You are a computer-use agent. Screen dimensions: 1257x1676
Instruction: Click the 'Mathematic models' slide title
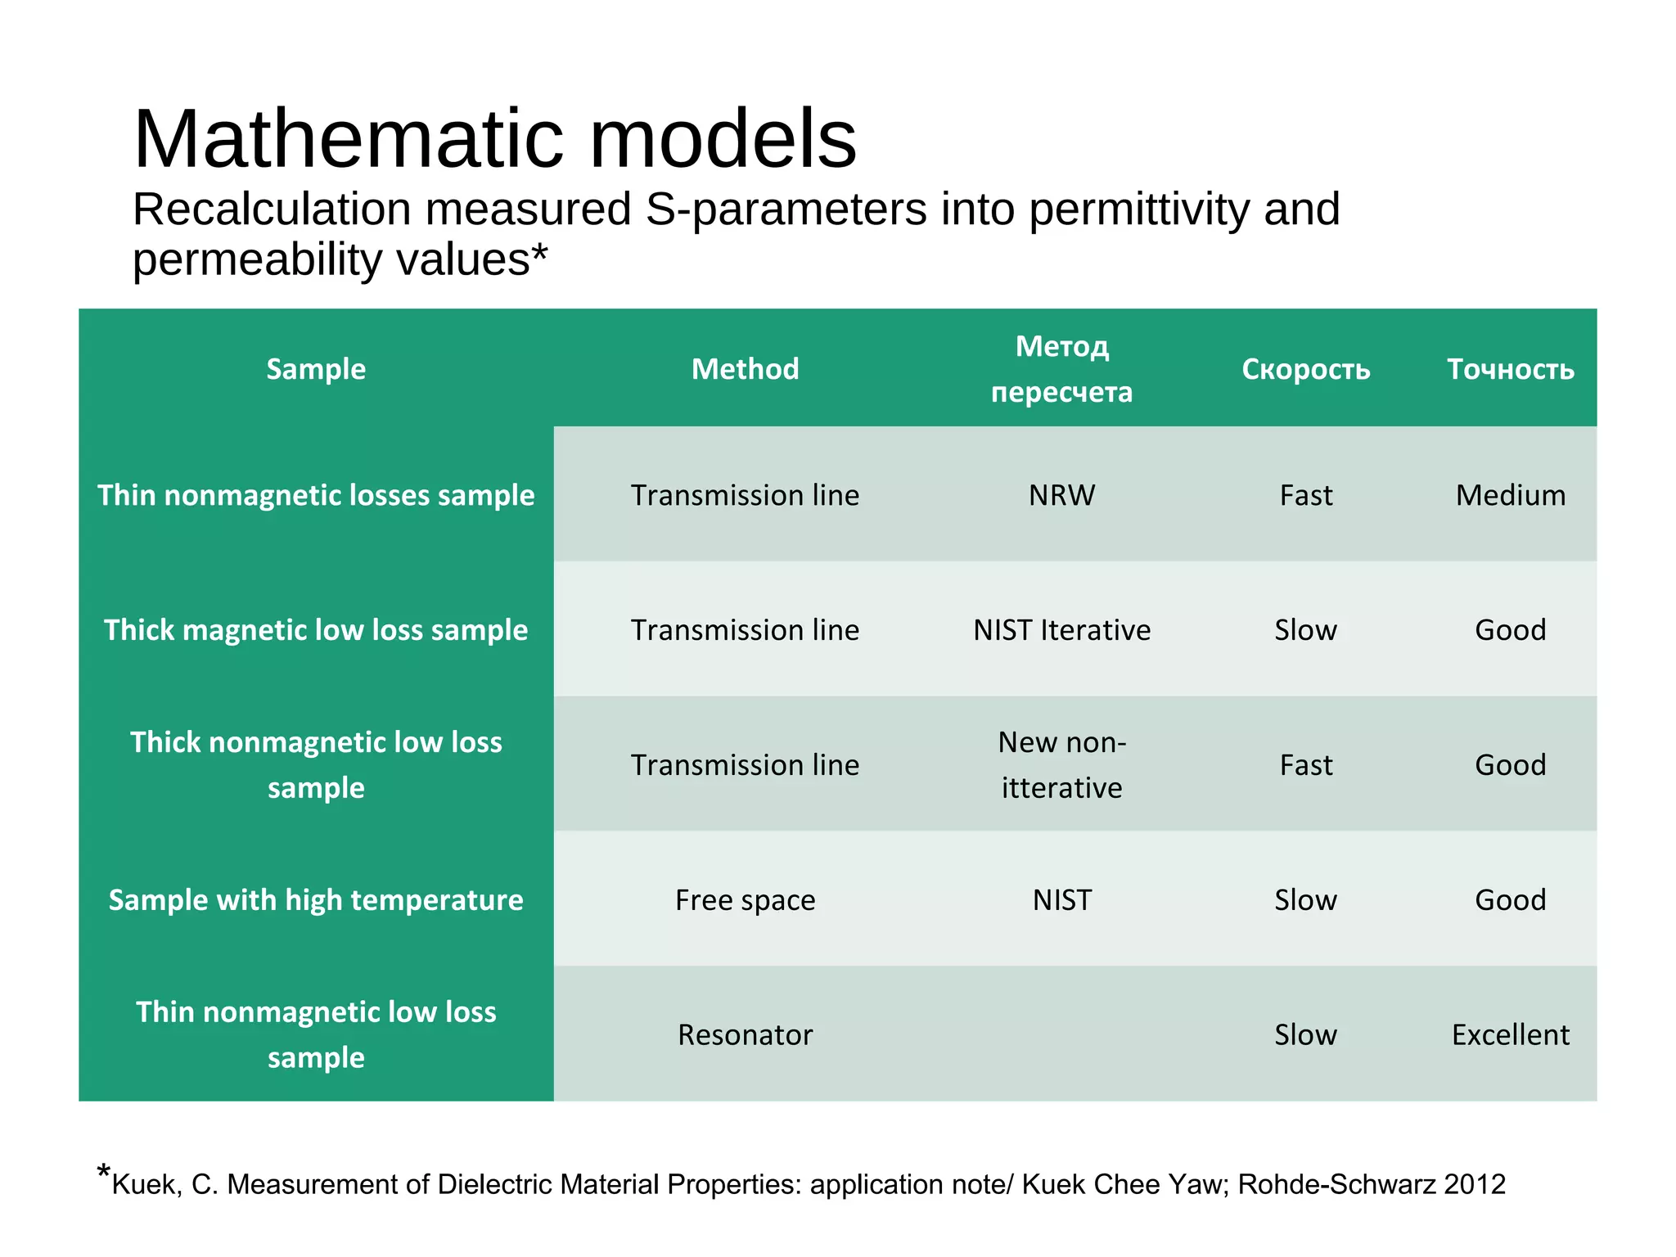pyautogui.click(x=494, y=139)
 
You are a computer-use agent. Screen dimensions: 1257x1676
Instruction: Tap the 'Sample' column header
pyautogui.click(x=316, y=369)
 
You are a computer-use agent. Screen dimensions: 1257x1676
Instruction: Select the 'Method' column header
pyautogui.click(x=745, y=369)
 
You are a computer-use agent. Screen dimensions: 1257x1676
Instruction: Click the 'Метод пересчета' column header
pyautogui.click(x=1061, y=369)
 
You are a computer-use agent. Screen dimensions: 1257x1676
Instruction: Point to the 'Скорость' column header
pyautogui.click(x=1305, y=369)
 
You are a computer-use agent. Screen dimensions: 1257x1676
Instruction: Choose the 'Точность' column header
pyautogui.click(x=1510, y=369)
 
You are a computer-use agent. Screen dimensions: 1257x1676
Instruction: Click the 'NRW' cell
pyautogui.click(x=1061, y=495)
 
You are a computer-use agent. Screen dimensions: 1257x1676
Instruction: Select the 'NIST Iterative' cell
pyautogui.click(x=1061, y=630)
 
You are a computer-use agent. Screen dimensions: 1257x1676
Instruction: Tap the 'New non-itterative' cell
pyautogui.click(x=1061, y=765)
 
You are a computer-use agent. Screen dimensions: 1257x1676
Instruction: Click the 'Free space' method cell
pyautogui.click(x=745, y=900)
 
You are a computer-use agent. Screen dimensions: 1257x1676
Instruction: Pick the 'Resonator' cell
pyautogui.click(x=745, y=1035)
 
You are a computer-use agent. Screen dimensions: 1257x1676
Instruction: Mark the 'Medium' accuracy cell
pyautogui.click(x=1510, y=495)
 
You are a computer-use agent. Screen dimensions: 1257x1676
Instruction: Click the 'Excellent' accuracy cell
pyautogui.click(x=1510, y=1035)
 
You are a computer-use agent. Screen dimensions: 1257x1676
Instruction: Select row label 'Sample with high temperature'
pyautogui.click(x=316, y=900)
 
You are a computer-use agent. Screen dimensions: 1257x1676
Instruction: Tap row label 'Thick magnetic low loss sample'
pyautogui.click(x=316, y=630)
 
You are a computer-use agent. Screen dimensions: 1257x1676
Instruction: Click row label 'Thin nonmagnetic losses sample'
pyautogui.click(x=316, y=495)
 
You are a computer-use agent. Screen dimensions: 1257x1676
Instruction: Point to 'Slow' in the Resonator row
pyautogui.click(x=1305, y=1035)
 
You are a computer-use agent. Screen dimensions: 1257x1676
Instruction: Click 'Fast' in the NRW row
pyautogui.click(x=1305, y=495)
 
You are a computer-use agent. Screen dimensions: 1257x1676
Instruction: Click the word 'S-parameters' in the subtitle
pyautogui.click(x=786, y=209)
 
